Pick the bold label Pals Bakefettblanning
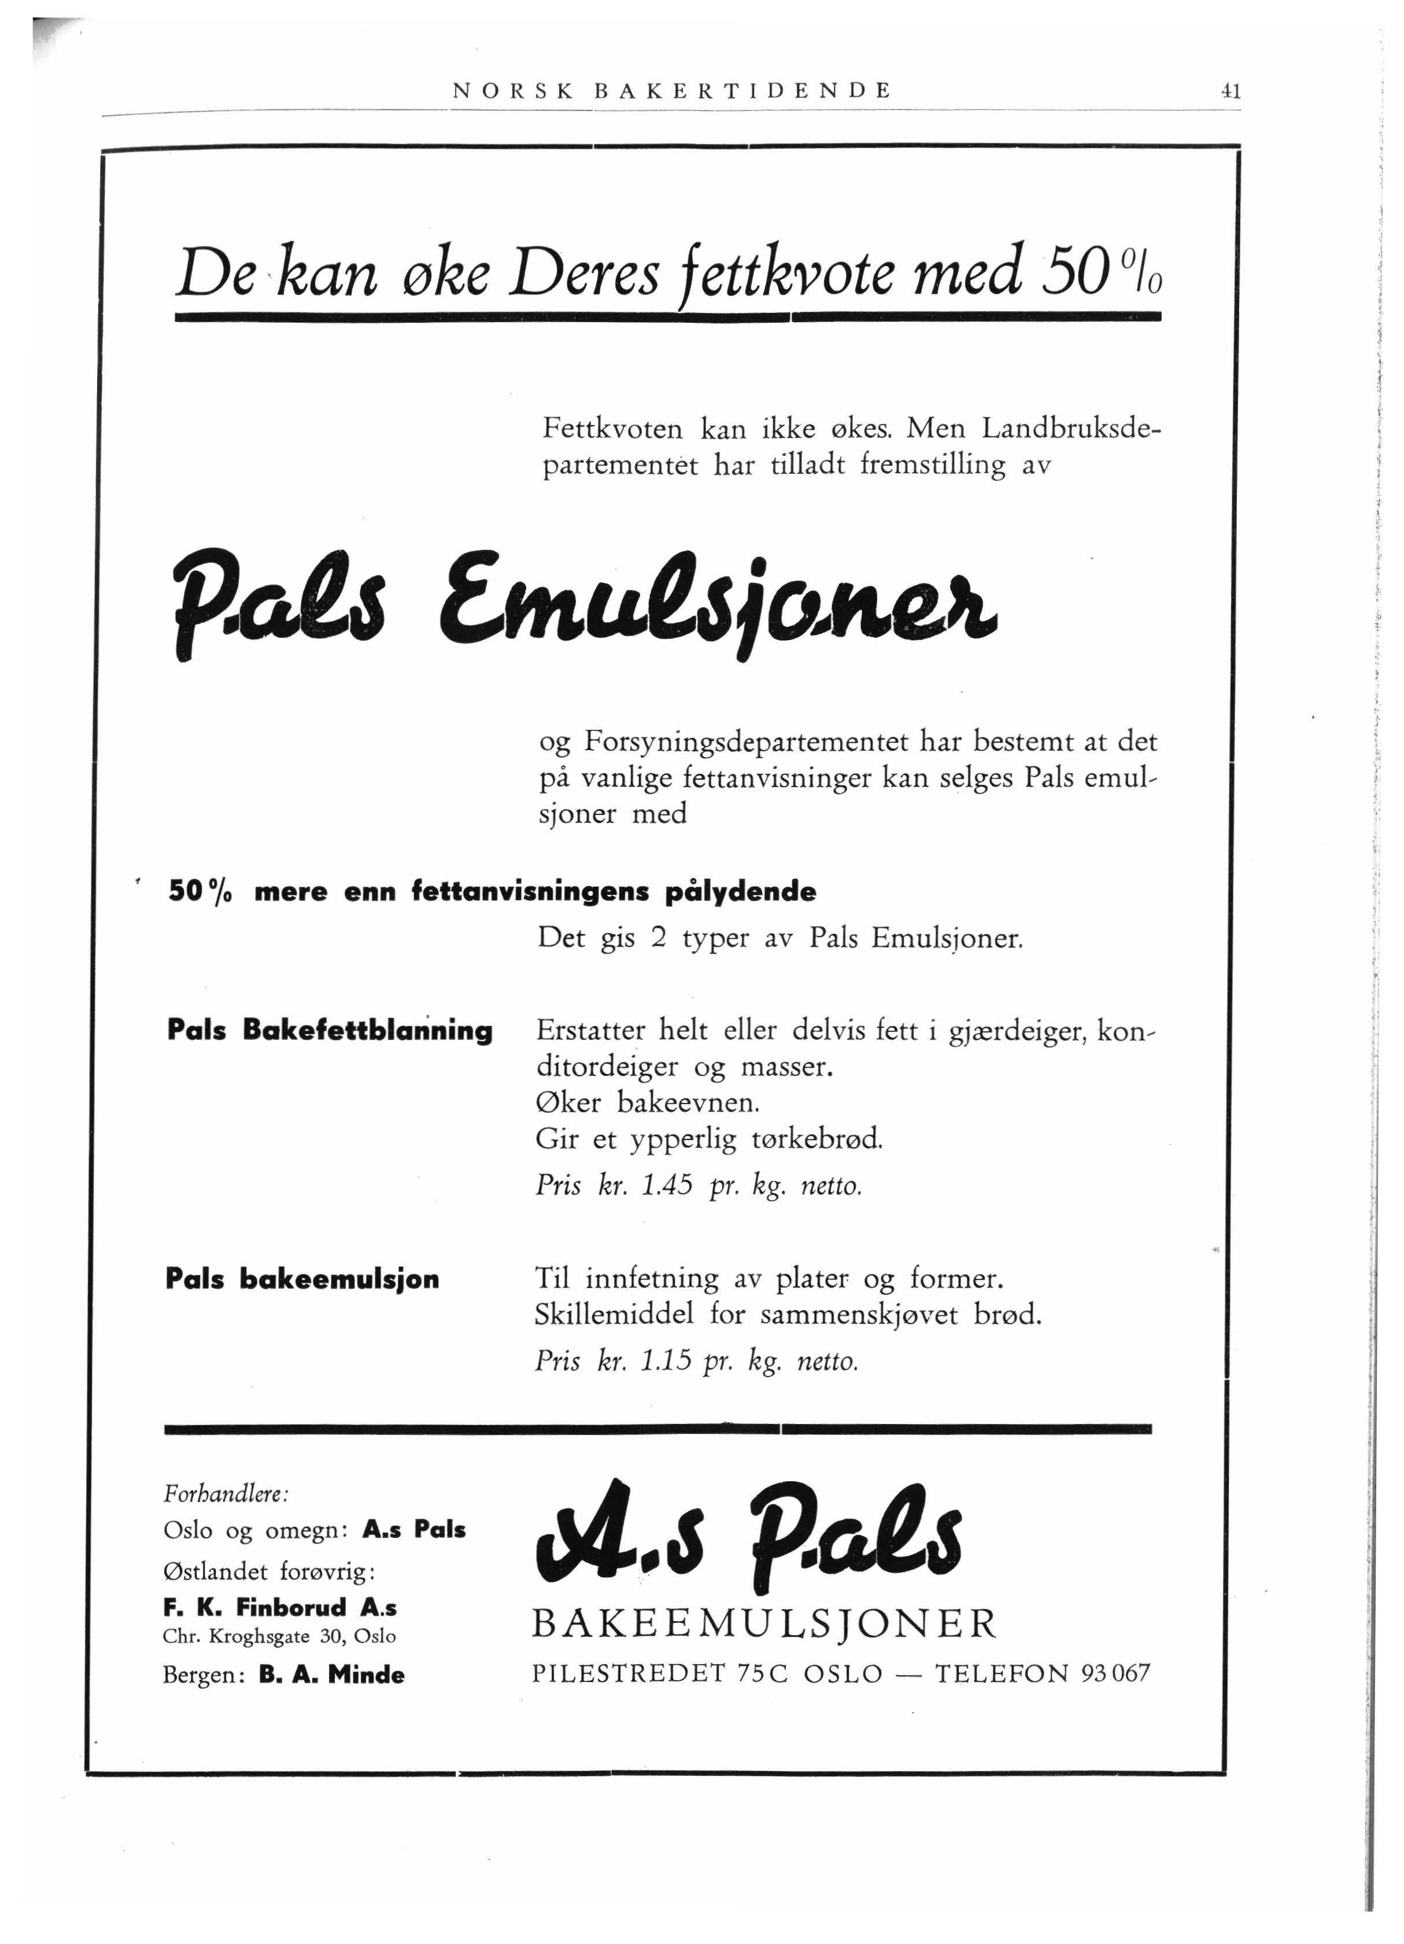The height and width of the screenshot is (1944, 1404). coord(330,1030)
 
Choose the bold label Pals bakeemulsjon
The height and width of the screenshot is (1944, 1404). coord(302,1279)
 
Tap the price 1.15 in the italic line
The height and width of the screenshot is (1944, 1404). coord(666,1361)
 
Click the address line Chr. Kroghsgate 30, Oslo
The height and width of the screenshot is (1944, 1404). coord(279,1636)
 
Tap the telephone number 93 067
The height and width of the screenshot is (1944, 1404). coord(1115,1673)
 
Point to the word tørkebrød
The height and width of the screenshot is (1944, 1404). coord(816,1139)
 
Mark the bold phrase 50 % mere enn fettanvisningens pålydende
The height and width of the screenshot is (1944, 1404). coord(492,892)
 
